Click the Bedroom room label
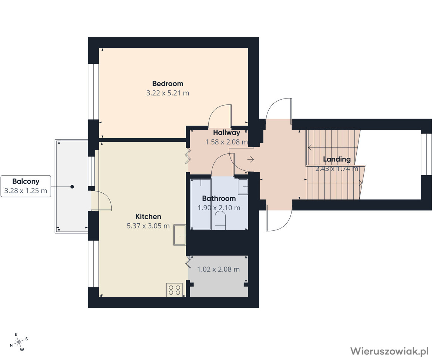click(x=168, y=83)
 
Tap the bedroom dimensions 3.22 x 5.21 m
click(x=168, y=93)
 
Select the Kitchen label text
click(x=148, y=216)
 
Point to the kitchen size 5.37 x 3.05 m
click(x=148, y=226)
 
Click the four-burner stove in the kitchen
click(x=175, y=290)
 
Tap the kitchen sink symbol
click(x=179, y=235)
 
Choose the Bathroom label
click(x=219, y=199)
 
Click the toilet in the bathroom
click(x=220, y=221)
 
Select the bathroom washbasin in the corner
click(x=243, y=187)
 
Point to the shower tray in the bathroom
click(x=201, y=204)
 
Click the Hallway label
click(x=226, y=133)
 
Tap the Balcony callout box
click(x=26, y=186)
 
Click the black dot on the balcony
click(x=72, y=187)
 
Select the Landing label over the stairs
click(x=337, y=159)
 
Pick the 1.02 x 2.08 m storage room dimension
click(x=218, y=269)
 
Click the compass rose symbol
click(x=19, y=342)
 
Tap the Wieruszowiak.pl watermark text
click(x=390, y=351)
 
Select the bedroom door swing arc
click(x=219, y=116)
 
